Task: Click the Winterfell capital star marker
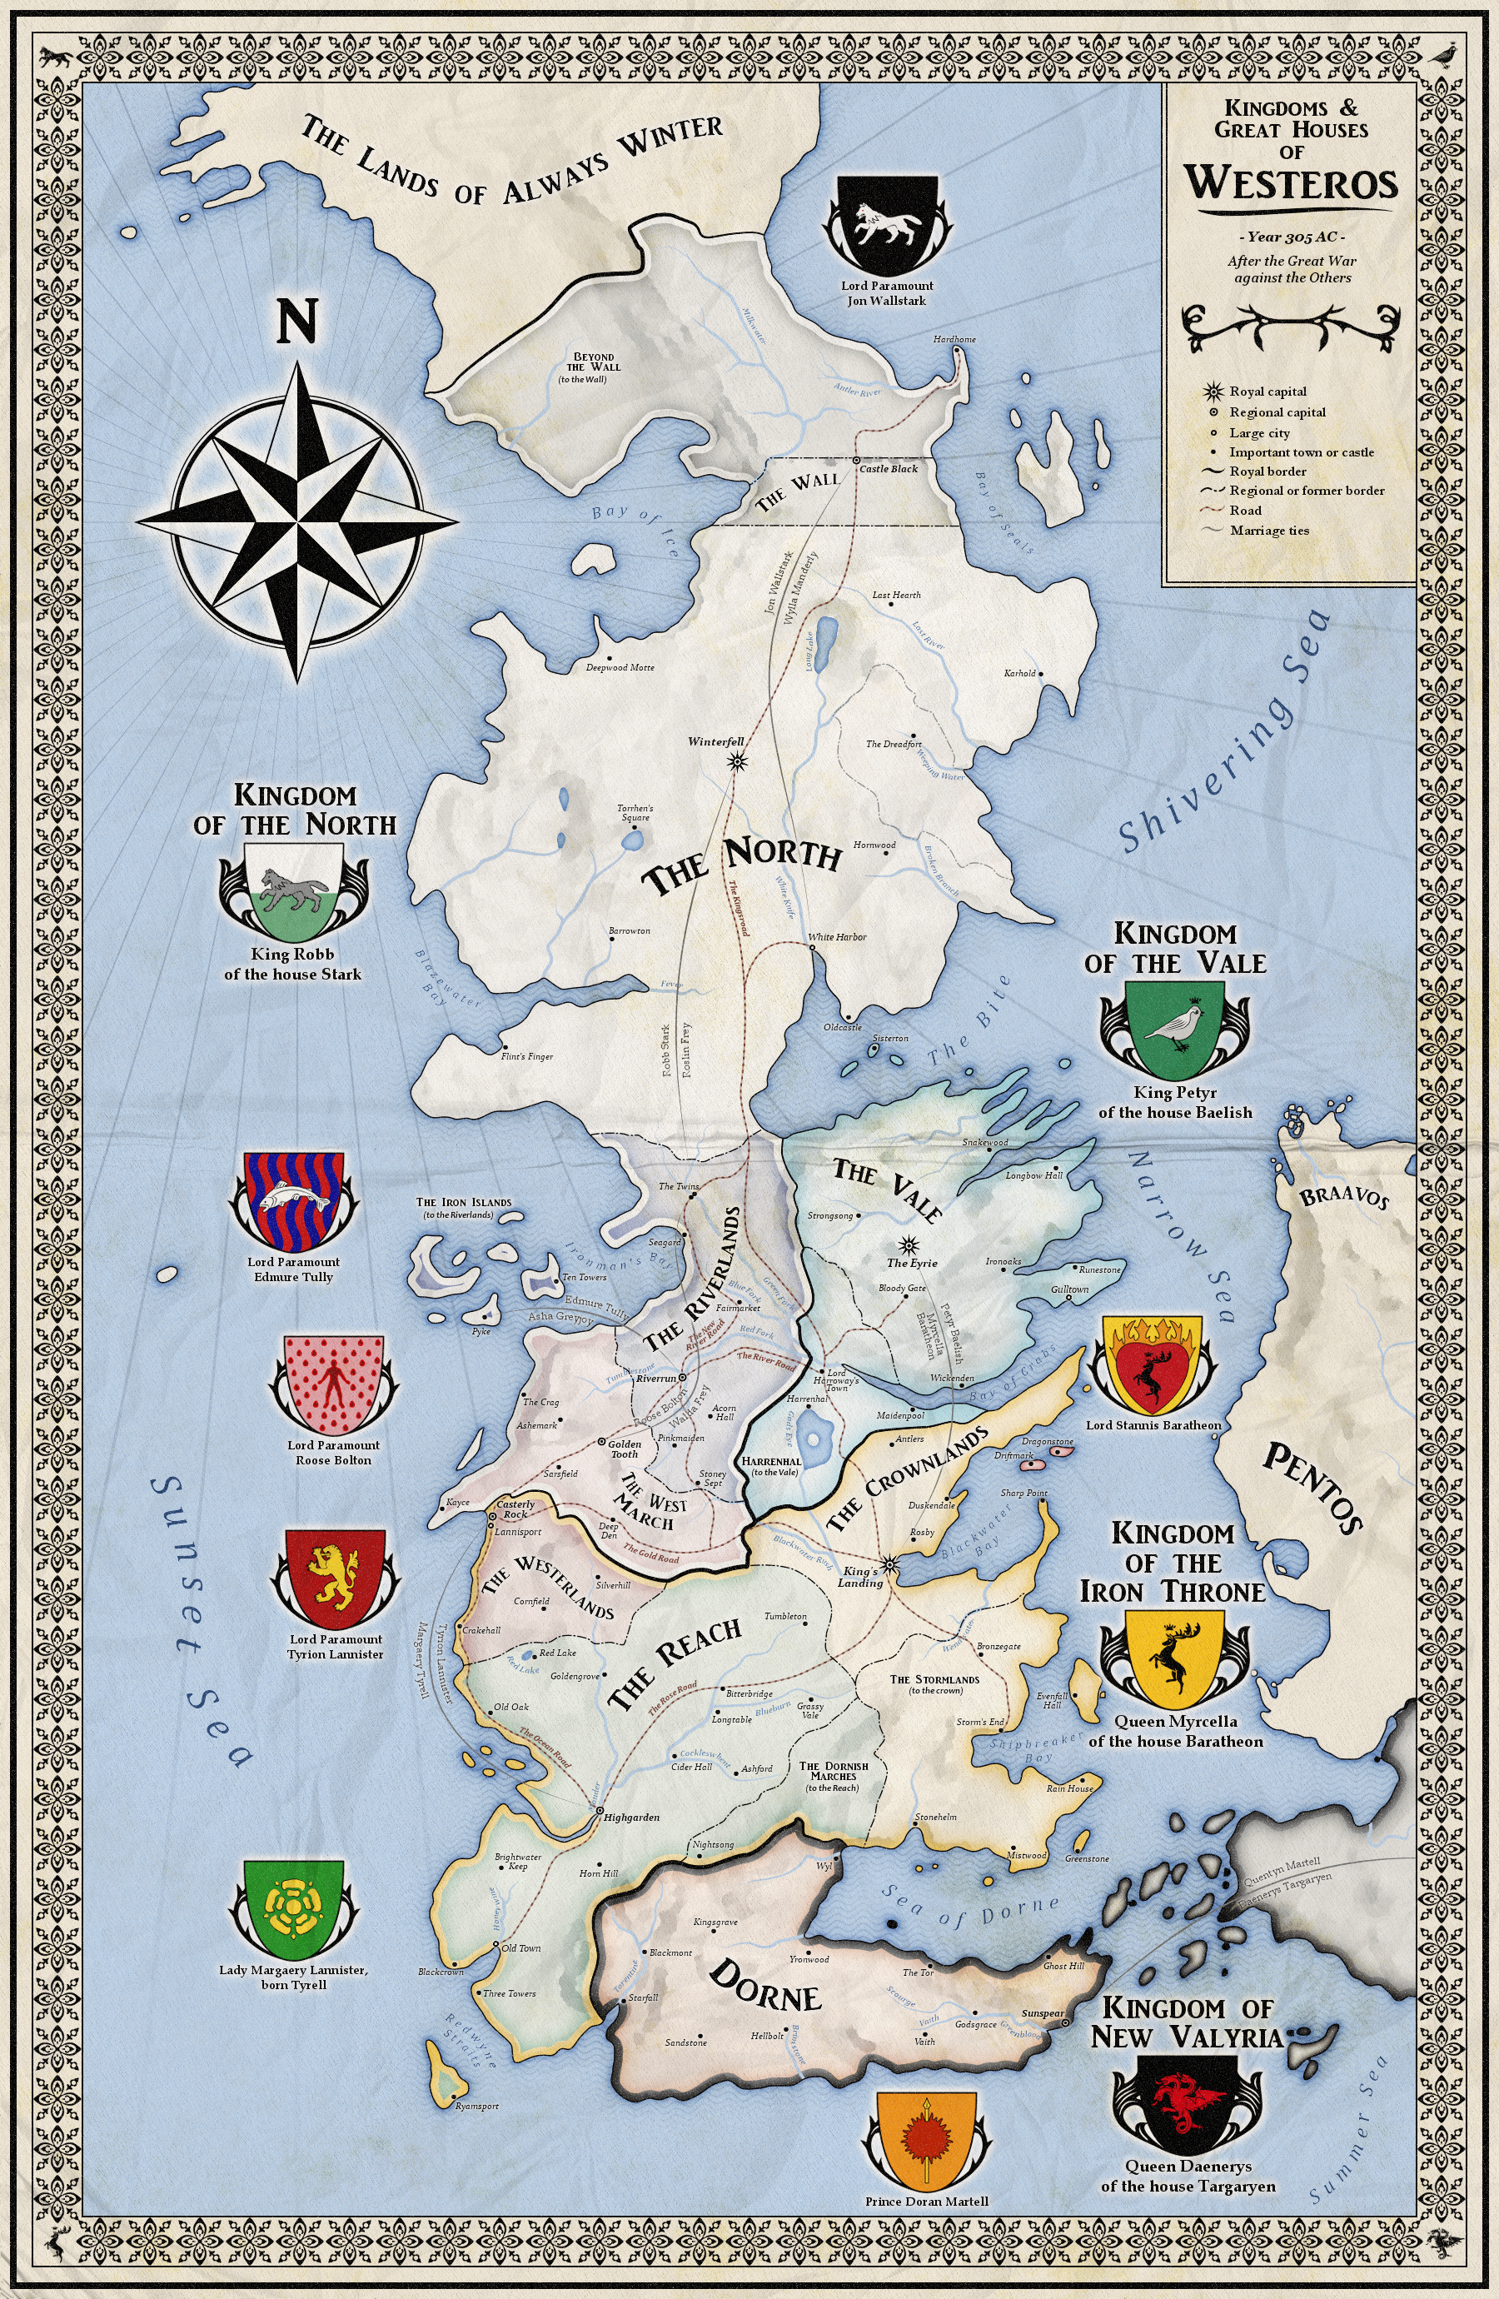pyautogui.click(x=739, y=761)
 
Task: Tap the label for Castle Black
pyautogui.click(x=889, y=468)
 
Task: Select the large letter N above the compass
pyautogui.click(x=296, y=321)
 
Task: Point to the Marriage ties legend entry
pyautogui.click(x=1269, y=531)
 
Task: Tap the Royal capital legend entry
pyautogui.click(x=1267, y=391)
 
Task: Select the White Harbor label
pyautogui.click(x=836, y=937)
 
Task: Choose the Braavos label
pyautogui.click(x=1343, y=1198)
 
